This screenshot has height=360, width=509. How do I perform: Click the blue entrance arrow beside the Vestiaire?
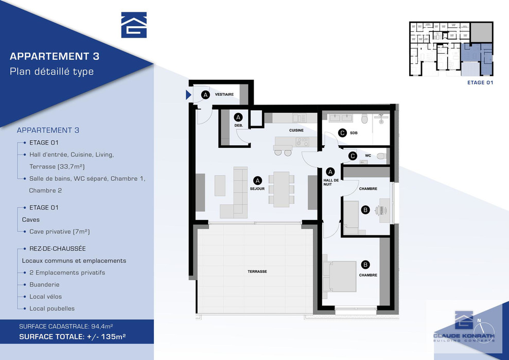click(x=188, y=95)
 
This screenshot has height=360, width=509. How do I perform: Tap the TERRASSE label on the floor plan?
click(x=257, y=271)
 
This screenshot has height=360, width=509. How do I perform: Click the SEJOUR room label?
click(x=257, y=189)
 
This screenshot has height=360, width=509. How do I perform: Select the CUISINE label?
click(x=296, y=130)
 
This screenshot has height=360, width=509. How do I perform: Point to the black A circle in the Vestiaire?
click(x=205, y=95)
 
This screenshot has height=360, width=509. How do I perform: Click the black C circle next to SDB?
click(x=342, y=132)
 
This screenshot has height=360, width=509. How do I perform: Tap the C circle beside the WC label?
click(x=353, y=156)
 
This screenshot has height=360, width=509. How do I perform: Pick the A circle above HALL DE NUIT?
click(x=330, y=172)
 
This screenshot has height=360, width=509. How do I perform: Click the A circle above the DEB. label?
click(x=238, y=117)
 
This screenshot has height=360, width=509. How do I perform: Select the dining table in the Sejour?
click(x=281, y=190)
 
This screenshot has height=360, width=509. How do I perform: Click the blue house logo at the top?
click(x=134, y=25)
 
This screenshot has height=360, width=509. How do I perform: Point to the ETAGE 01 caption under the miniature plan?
click(x=480, y=82)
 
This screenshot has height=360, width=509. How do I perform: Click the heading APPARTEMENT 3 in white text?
click(x=55, y=56)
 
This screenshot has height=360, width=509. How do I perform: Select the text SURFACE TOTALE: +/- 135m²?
click(x=73, y=337)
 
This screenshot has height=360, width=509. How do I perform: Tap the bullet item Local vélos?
click(x=45, y=297)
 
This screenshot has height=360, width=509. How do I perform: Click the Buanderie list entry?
click(x=44, y=285)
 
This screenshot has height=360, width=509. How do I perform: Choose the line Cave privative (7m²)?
click(x=59, y=232)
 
